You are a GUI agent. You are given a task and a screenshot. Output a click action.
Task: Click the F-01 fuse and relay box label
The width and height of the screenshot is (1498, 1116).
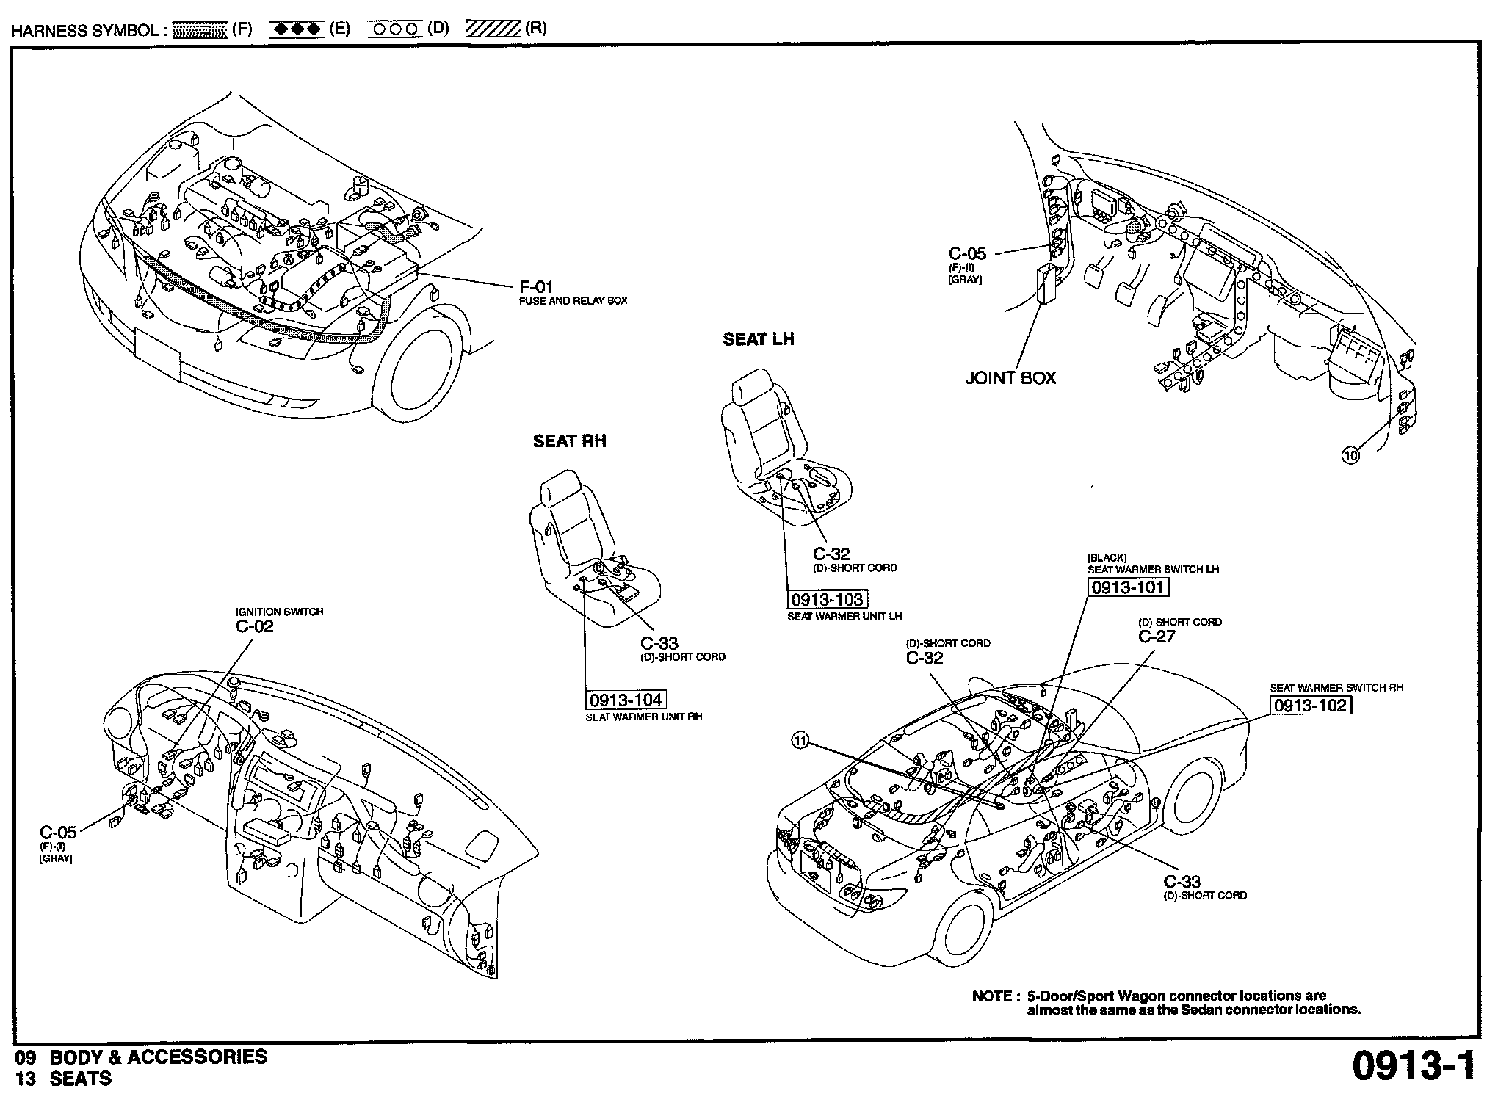(x=536, y=287)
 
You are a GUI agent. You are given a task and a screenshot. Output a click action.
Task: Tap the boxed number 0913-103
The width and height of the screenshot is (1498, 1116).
(x=827, y=599)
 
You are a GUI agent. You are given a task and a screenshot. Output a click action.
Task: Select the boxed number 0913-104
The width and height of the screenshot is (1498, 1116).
(x=626, y=700)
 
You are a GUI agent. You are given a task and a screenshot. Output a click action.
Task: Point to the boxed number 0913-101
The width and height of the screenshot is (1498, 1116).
(x=1128, y=587)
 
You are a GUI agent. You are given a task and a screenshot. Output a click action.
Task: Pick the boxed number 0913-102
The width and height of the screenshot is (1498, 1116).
(x=1311, y=706)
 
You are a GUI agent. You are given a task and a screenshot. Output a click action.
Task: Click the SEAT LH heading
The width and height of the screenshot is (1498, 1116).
(x=759, y=339)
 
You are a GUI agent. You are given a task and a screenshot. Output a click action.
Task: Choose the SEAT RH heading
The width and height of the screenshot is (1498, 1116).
(x=569, y=441)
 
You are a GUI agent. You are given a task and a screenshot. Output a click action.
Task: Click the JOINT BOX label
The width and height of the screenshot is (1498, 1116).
(x=1010, y=378)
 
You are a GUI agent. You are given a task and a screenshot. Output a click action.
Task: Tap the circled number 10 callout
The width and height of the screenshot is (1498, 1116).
(x=1350, y=455)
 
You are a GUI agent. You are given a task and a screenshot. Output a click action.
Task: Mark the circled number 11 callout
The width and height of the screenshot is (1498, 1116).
(x=800, y=742)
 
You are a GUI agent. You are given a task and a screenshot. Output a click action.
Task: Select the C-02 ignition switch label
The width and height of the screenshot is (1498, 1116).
(x=254, y=626)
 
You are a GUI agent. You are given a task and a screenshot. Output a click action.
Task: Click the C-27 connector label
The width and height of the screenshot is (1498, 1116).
(x=1157, y=637)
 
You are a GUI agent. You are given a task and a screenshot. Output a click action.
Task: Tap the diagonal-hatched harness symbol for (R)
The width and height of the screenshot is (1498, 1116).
(x=493, y=29)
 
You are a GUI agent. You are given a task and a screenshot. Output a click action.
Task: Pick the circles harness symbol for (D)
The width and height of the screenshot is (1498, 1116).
(x=394, y=29)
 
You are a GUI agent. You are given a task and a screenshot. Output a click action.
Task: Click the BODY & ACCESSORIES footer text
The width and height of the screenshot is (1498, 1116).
(x=158, y=1057)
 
